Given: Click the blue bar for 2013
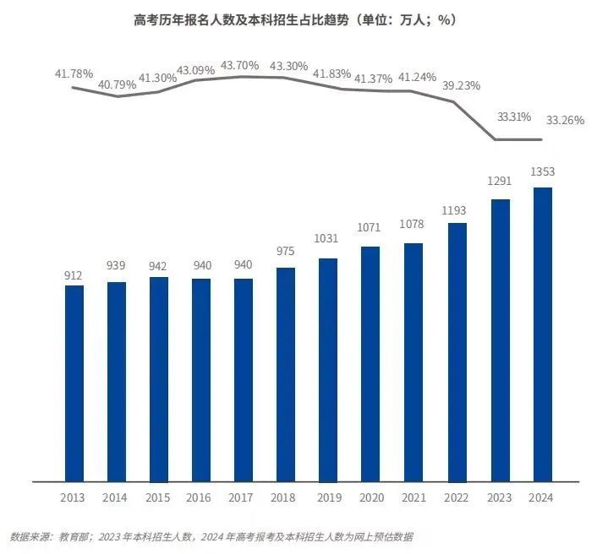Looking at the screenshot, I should point(74,383).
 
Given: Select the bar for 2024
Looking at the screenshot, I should point(542,334).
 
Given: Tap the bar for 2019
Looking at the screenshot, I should point(329,370).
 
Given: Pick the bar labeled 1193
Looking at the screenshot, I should point(457,352).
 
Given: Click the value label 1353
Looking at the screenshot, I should point(542,172).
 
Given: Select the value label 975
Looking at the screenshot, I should point(287,252).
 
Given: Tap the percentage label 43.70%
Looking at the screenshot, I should point(240,65).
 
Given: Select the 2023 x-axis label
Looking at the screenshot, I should point(500,497).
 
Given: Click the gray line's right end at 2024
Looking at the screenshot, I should point(541,139).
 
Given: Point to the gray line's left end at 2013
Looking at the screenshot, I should point(74,88).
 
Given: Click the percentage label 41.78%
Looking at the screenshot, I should point(74,73).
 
